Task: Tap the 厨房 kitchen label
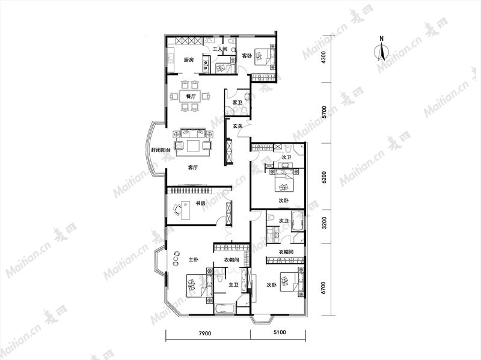(189, 60)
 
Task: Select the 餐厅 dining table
(190, 97)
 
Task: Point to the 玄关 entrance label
(237, 126)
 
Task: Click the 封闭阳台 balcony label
(161, 150)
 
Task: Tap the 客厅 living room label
(192, 168)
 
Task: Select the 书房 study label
(200, 203)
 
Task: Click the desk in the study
(185, 210)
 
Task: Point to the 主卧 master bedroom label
(193, 260)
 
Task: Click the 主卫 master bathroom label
(233, 285)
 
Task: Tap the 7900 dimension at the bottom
(204, 334)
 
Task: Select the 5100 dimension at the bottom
(279, 332)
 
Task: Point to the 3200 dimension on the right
(324, 223)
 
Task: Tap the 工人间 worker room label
(219, 49)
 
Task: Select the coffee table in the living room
(193, 145)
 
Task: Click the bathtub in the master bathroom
(224, 308)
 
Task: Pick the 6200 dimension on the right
(324, 177)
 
